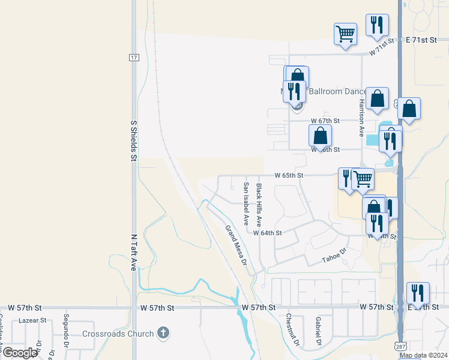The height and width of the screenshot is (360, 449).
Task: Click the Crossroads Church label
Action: pos(119,333)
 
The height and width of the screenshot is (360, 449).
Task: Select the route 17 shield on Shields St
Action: pos(133,57)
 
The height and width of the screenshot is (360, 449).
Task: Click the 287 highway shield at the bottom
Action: pos(400,346)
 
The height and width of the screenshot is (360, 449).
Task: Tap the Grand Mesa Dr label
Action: pos(237,245)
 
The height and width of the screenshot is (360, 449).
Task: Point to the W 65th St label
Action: pos(289,176)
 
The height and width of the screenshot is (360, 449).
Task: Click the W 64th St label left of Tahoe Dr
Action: pos(267,233)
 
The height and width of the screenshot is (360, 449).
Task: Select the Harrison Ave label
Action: pos(361,117)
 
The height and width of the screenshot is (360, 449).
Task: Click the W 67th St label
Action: pos(325,121)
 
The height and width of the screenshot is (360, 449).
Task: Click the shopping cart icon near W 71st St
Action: pos(346,34)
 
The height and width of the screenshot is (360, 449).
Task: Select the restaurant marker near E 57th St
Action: pos(418,293)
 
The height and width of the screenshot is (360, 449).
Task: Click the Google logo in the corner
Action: pos(19,353)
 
